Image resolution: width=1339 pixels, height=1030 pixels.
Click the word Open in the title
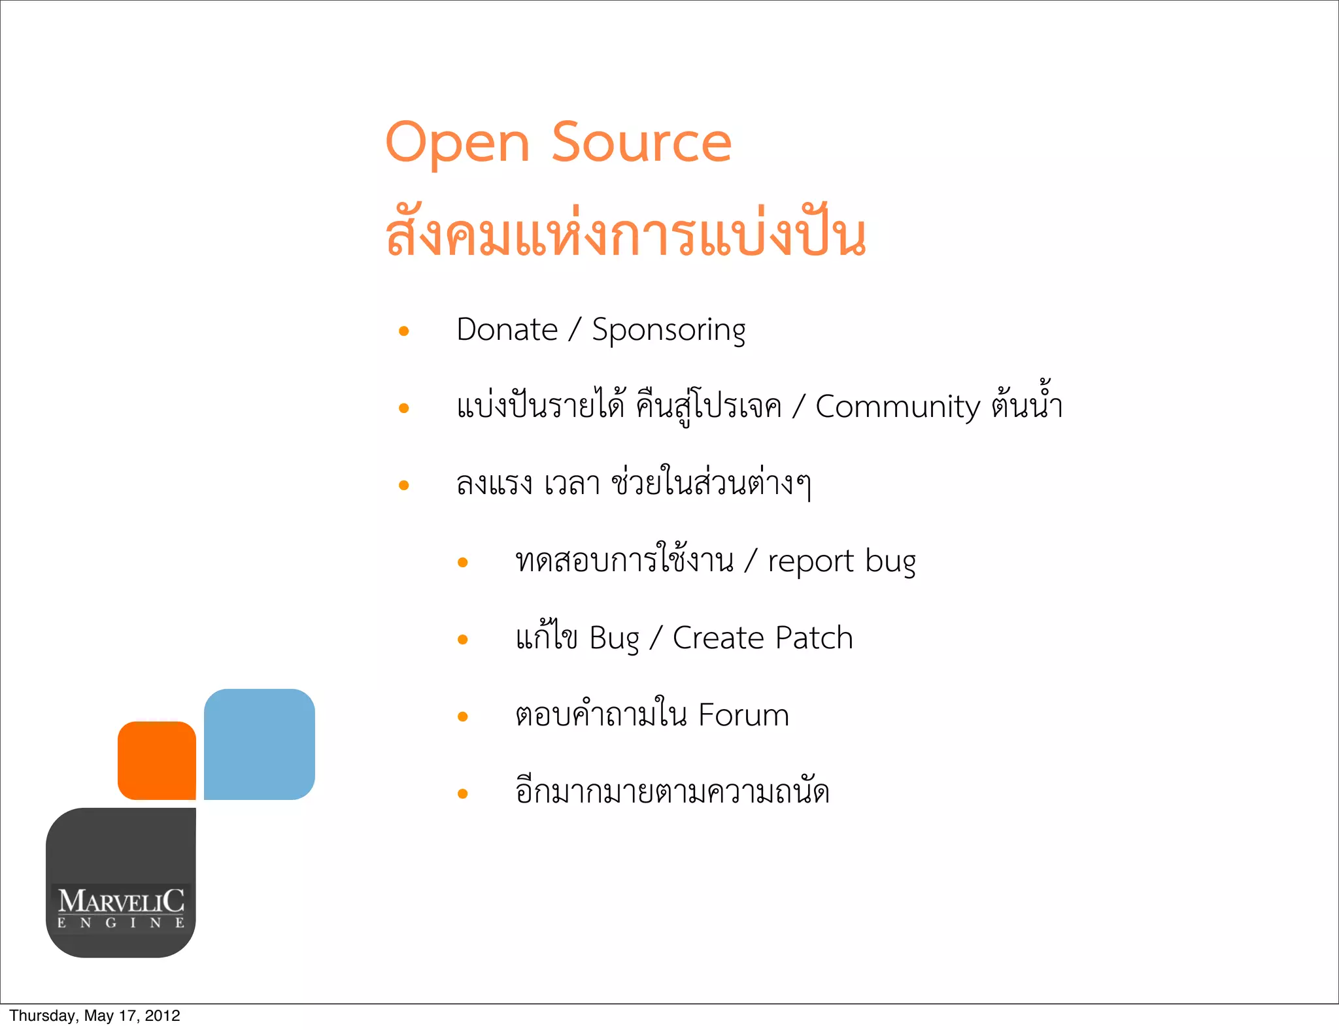pos(457,144)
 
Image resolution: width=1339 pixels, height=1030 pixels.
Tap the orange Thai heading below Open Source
pos(626,235)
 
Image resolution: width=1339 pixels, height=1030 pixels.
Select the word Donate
pos(507,329)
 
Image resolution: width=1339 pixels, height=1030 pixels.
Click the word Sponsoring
pos(668,331)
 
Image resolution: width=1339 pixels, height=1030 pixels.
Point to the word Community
pos(898,407)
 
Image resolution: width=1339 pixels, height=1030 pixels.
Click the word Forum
pos(743,715)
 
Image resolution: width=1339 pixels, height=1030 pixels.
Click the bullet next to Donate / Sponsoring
pos(404,331)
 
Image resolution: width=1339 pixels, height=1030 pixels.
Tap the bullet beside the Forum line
pos(463,717)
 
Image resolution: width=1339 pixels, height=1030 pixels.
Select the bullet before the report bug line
pos(463,563)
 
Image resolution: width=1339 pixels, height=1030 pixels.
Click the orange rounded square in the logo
pos(157,761)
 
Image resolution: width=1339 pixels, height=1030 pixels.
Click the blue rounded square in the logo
pos(260,744)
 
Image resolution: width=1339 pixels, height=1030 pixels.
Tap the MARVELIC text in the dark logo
pos(121,901)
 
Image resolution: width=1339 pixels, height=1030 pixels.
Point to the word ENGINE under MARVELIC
pos(121,923)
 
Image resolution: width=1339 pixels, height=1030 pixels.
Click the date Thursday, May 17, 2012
pos(95,1016)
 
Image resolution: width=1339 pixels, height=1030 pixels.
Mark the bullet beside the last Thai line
pos(463,794)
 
